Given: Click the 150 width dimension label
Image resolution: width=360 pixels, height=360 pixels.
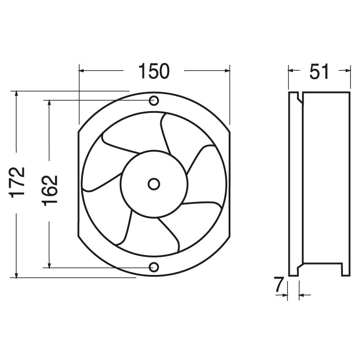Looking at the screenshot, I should (x=153, y=72).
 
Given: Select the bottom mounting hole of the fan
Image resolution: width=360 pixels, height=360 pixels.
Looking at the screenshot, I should (x=154, y=267).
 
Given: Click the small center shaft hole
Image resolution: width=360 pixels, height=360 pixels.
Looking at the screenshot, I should (x=154, y=184).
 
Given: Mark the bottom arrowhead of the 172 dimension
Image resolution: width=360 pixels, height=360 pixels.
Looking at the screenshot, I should (x=17, y=274).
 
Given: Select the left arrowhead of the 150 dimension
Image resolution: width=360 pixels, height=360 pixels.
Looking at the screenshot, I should (x=82, y=70).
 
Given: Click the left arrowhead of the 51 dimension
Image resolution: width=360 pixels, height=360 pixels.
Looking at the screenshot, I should (x=291, y=70).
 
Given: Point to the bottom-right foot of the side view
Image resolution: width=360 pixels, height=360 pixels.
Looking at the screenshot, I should (x=345, y=270).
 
